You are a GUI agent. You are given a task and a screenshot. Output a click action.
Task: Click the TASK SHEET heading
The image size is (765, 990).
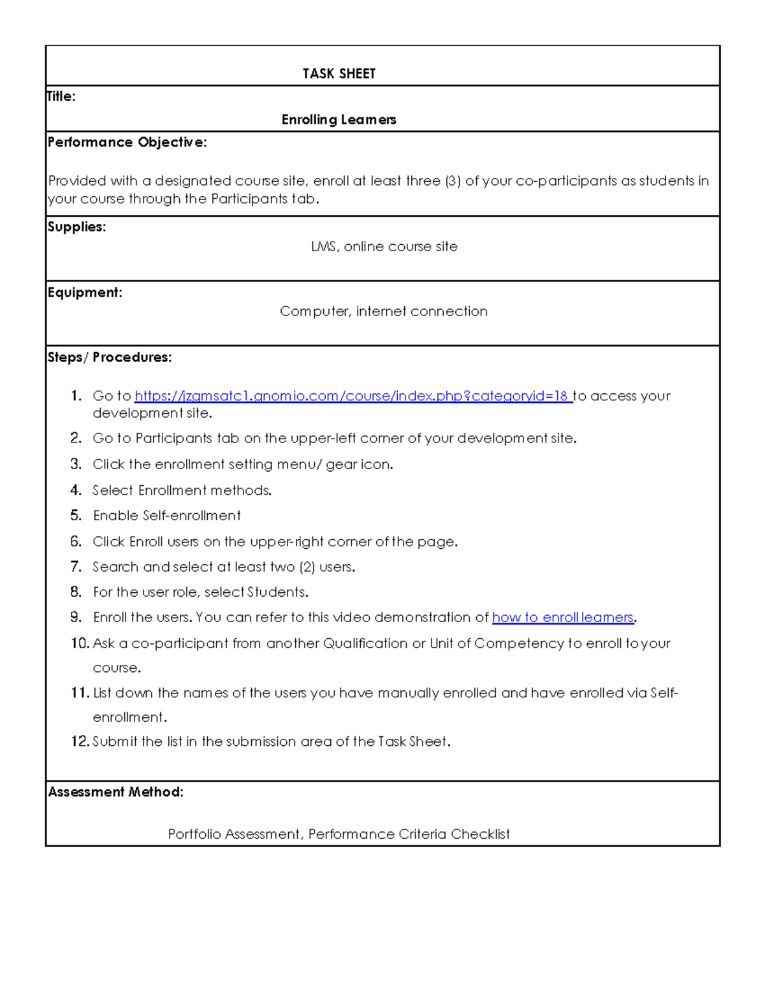339,74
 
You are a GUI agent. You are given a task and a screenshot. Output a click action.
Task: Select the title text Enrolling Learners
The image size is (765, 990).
339,120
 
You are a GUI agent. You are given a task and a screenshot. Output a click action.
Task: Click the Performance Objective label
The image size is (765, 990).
127,142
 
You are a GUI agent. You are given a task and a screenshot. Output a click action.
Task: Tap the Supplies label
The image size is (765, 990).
76,227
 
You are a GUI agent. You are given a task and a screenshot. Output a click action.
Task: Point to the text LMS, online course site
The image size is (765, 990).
384,247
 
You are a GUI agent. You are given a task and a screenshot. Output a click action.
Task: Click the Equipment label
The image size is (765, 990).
85,293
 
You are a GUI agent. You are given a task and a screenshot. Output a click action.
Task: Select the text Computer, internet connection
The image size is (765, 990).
383,312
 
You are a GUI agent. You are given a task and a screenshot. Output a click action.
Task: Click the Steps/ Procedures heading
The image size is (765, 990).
109,358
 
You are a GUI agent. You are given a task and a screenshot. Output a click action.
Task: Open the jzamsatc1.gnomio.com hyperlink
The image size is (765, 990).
352,396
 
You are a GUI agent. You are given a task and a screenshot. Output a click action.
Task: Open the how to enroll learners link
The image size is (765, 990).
563,618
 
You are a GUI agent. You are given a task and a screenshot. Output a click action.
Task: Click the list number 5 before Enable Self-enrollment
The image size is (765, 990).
76,516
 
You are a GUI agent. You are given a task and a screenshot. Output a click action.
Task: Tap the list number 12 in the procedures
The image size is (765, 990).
80,741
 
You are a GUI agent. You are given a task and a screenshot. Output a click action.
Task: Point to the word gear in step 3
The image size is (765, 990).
341,465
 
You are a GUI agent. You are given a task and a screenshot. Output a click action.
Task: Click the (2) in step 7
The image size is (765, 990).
307,567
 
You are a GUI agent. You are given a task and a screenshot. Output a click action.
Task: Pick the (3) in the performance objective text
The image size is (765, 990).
453,181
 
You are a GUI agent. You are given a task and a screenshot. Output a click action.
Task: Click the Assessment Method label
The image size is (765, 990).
115,792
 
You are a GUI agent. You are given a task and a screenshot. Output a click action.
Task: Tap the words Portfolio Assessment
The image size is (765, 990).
234,834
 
